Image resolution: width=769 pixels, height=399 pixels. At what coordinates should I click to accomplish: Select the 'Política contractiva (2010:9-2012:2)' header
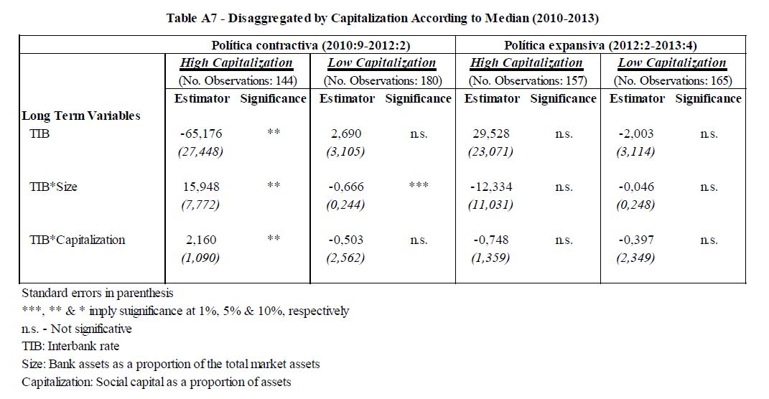[310, 45]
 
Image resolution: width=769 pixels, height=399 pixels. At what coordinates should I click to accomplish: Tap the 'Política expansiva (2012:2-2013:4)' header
[600, 45]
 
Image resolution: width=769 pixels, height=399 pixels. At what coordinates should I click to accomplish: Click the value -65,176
[201, 133]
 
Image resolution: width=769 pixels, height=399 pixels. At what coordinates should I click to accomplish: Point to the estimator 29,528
[491, 133]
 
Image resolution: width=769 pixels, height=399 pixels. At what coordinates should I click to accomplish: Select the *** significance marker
[419, 185]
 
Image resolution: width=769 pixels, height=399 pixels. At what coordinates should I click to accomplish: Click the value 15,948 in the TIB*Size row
[201, 187]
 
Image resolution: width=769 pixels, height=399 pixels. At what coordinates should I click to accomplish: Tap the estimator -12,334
[491, 187]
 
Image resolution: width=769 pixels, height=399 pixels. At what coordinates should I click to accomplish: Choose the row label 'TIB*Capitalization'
[78, 240]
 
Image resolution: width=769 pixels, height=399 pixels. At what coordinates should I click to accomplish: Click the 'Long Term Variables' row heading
[81, 116]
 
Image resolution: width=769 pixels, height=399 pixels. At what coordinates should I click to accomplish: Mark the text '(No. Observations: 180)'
[383, 80]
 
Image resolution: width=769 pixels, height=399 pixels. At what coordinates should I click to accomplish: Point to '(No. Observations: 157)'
[528, 80]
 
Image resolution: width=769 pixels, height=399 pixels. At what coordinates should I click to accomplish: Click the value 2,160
[201, 240]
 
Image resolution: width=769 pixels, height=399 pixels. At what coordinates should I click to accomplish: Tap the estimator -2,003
[636, 133]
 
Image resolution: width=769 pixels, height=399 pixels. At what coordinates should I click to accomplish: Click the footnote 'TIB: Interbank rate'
[70, 346]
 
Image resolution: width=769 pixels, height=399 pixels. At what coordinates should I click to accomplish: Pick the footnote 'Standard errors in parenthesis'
[98, 293]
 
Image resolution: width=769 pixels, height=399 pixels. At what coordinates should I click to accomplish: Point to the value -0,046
[636, 187]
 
